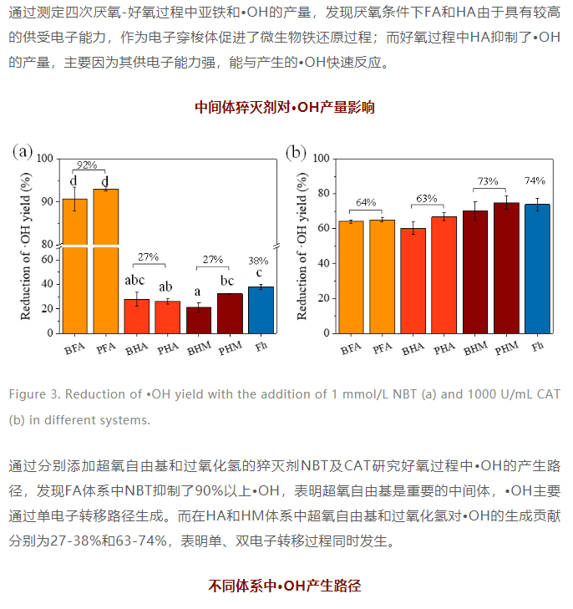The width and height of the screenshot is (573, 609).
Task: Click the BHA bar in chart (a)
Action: click(136, 316)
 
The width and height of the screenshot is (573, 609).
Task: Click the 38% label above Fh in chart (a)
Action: click(259, 261)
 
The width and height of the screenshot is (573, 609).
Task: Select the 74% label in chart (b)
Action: click(535, 180)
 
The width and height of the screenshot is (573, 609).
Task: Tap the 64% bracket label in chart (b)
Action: click(365, 201)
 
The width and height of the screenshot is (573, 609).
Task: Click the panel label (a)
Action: click(23, 151)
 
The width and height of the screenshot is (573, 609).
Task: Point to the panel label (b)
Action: click(297, 152)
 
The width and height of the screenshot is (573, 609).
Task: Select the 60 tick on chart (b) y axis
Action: click(322, 228)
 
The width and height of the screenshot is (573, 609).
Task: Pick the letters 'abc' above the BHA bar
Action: click(136, 280)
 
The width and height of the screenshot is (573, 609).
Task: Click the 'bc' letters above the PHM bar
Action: click(229, 280)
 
